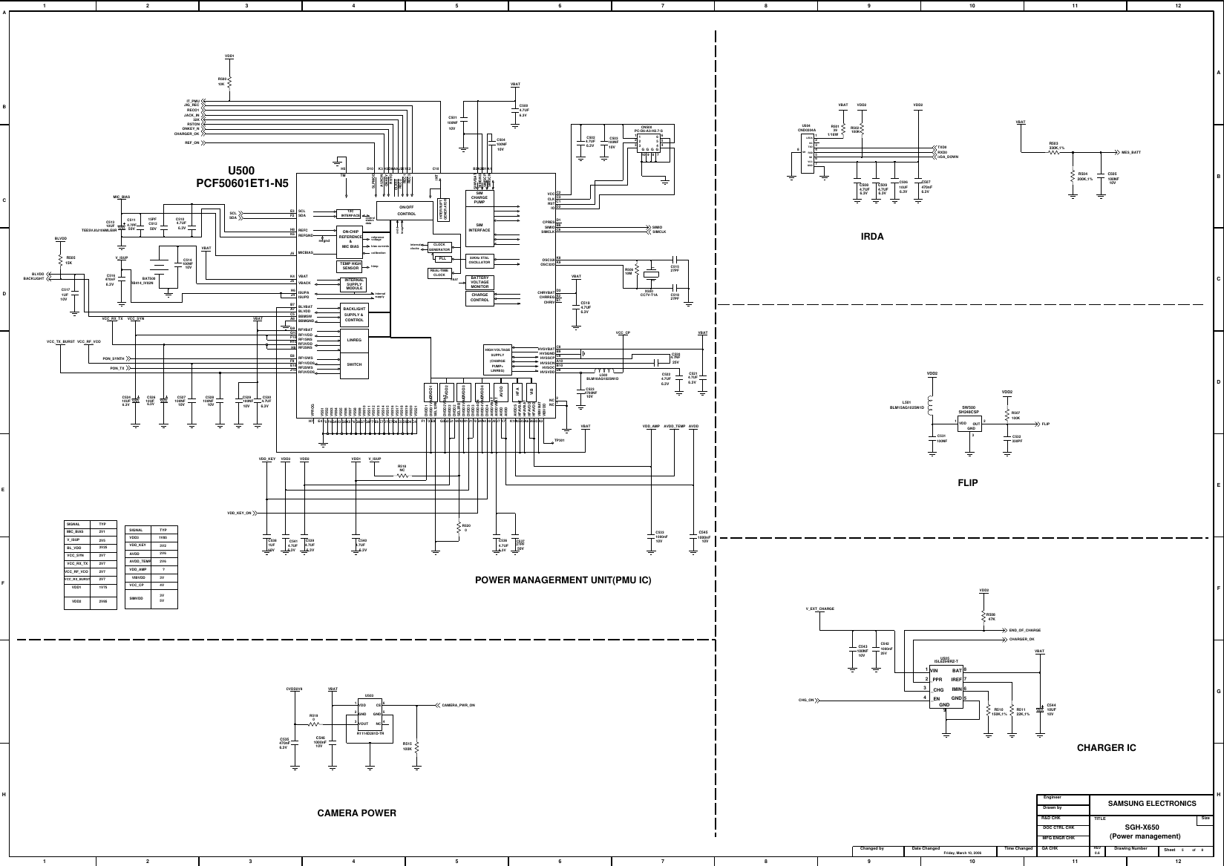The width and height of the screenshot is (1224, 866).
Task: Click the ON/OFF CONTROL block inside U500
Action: (406, 210)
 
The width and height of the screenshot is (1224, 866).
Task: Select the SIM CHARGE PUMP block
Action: (480, 198)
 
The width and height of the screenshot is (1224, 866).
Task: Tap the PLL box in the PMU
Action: (442, 258)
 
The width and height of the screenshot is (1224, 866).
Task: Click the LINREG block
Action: (354, 340)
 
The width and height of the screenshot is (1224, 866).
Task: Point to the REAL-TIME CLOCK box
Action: (439, 272)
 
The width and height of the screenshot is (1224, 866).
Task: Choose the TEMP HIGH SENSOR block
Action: (350, 266)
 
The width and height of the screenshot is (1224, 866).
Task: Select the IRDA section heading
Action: (871, 237)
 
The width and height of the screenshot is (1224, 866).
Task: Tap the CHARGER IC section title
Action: (1106, 747)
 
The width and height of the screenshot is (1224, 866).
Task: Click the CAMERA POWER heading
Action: (356, 813)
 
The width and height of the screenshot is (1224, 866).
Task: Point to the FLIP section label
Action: (968, 482)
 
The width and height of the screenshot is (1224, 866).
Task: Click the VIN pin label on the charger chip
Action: (935, 670)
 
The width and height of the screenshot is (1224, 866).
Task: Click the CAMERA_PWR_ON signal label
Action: (458, 704)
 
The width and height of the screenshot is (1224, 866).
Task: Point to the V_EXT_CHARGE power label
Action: (819, 609)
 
